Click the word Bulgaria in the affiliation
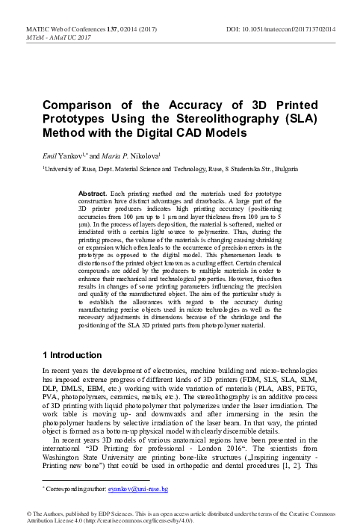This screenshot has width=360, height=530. click(300, 170)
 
